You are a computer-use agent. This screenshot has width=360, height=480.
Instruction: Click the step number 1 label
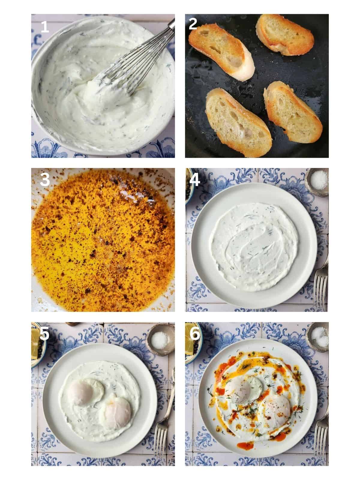(x=44, y=27)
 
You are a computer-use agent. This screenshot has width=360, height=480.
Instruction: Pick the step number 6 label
(x=195, y=334)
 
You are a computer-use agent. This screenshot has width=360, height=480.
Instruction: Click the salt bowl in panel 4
(x=316, y=180)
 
